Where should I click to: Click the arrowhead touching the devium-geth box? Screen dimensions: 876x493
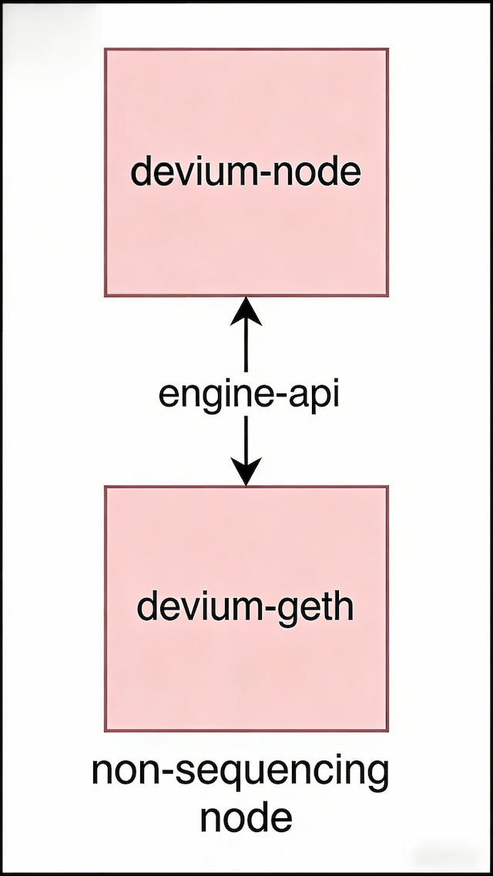pyautogui.click(x=246, y=471)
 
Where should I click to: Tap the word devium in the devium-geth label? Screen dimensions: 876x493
pyautogui.click(x=189, y=607)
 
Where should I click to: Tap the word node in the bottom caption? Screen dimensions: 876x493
pyautogui.click(x=246, y=817)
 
